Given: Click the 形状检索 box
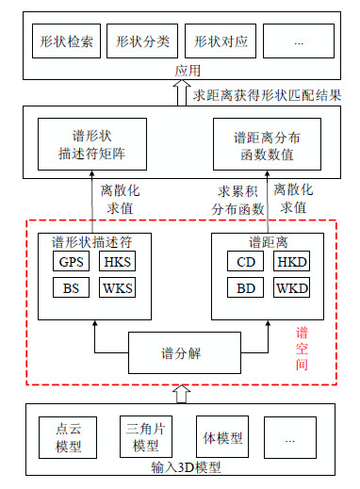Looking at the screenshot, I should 66,43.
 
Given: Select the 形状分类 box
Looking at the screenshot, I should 141,43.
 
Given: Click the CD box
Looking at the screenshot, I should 244,262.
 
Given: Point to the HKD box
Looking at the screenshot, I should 290,262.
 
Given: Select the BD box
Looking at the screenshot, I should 244,287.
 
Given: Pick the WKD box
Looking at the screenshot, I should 290,287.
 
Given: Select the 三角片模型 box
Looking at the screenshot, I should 143,435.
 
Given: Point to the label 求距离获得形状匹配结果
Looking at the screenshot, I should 267,94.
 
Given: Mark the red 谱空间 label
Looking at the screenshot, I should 303,351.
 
